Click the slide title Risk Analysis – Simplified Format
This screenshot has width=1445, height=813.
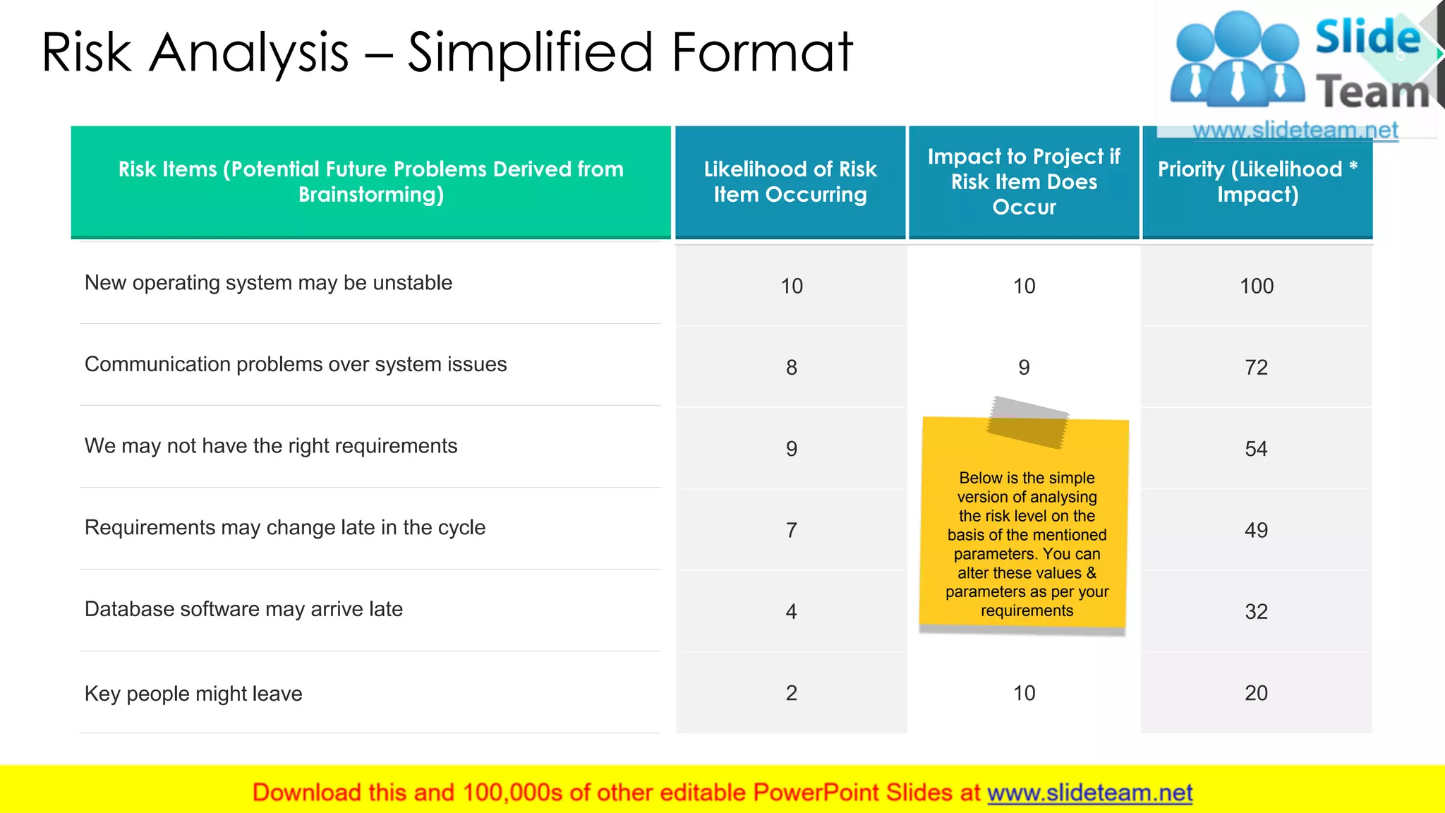[x=447, y=52]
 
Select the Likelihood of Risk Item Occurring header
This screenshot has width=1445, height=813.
[x=790, y=181]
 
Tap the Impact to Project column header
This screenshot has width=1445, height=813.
[x=1024, y=181]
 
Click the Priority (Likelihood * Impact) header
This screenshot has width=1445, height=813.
[x=1257, y=181]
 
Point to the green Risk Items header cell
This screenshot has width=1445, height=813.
[x=371, y=181]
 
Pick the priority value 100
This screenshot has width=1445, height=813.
[x=1257, y=286]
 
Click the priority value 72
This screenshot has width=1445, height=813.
[x=1256, y=367]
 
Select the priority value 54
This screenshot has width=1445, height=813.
[x=1256, y=449]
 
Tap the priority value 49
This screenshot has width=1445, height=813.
[x=1256, y=530]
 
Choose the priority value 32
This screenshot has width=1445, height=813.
[x=1256, y=611]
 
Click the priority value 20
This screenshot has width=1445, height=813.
[x=1256, y=693]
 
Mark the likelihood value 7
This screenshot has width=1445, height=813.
[x=792, y=530]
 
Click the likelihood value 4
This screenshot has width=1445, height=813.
[x=792, y=611]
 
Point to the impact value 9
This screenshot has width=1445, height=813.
[x=1024, y=367]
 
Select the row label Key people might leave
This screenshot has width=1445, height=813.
[x=193, y=694]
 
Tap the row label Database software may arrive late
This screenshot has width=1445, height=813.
[x=243, y=609]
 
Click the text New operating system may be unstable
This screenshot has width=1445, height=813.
[x=268, y=283]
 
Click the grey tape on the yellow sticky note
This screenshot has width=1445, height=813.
[x=1028, y=423]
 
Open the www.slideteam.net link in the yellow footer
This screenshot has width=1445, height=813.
[x=1089, y=793]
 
